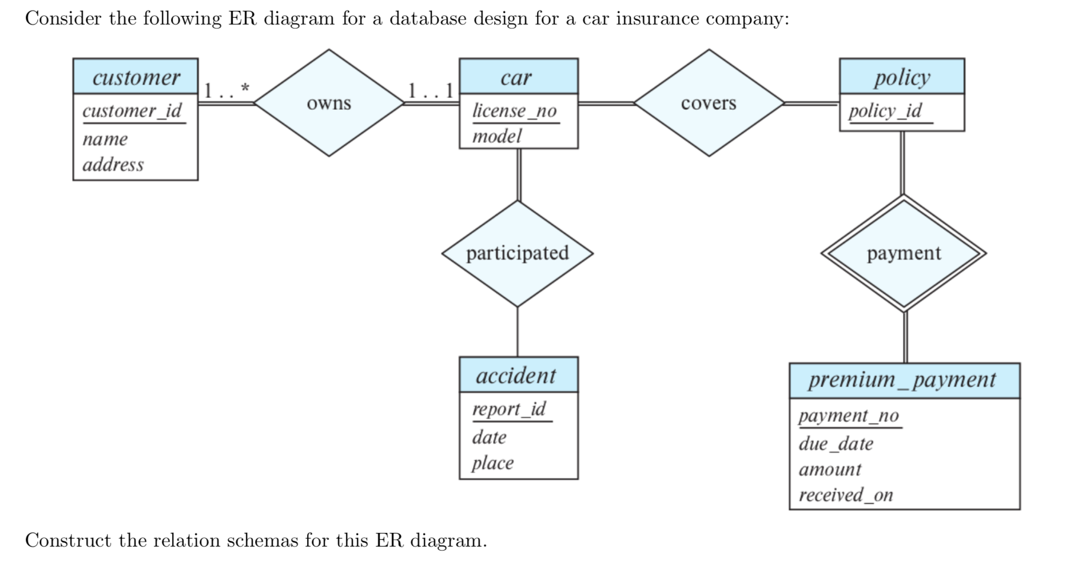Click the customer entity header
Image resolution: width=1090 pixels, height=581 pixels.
[136, 77]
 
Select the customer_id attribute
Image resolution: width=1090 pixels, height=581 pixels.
[132, 110]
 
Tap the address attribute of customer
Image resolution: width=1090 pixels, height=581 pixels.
[113, 165]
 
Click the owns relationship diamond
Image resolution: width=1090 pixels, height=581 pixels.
[329, 103]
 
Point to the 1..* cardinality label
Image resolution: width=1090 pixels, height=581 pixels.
[227, 90]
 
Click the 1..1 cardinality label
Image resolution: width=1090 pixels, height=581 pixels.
[431, 90]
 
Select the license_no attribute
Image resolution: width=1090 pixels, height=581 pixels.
[514, 110]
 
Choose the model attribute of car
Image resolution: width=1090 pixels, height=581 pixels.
[496, 136]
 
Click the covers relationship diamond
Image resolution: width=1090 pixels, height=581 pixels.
[709, 103]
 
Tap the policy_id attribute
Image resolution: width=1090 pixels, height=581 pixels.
[885, 110]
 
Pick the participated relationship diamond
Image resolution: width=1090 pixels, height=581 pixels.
[517, 253]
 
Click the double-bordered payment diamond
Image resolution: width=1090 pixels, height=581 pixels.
[903, 253]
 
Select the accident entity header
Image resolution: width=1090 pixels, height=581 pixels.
[516, 376]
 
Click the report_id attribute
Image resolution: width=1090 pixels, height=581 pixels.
[509, 409]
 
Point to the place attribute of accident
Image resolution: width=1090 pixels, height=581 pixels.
[492, 463]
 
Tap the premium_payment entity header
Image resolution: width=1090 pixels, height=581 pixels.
[902, 380]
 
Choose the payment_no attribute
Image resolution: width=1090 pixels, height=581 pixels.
[849, 416]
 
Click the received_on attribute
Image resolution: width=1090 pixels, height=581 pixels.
[845, 495]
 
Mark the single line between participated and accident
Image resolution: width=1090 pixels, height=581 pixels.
[518, 332]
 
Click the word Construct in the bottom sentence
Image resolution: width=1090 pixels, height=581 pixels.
[68, 540]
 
